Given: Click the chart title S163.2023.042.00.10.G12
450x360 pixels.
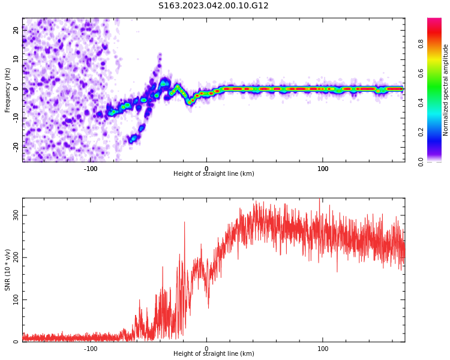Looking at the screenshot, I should point(214,6).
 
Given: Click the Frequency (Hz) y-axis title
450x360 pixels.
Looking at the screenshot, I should point(8,90).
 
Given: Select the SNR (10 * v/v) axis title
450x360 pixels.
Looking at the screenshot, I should point(8,270).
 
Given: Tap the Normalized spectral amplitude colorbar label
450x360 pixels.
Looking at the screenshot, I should point(446,90).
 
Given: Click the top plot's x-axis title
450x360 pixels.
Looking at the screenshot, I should point(214,174).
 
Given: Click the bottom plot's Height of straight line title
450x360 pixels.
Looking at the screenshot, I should point(214,354).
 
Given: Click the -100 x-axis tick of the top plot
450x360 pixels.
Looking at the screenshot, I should point(91,169).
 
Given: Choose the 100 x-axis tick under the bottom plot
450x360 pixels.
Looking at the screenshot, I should point(323,349).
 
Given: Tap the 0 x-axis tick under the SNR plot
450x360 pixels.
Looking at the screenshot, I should point(206,349).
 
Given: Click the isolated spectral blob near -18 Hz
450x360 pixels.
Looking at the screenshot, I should point(133,138).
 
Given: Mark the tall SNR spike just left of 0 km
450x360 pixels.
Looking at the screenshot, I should point(184,223).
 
